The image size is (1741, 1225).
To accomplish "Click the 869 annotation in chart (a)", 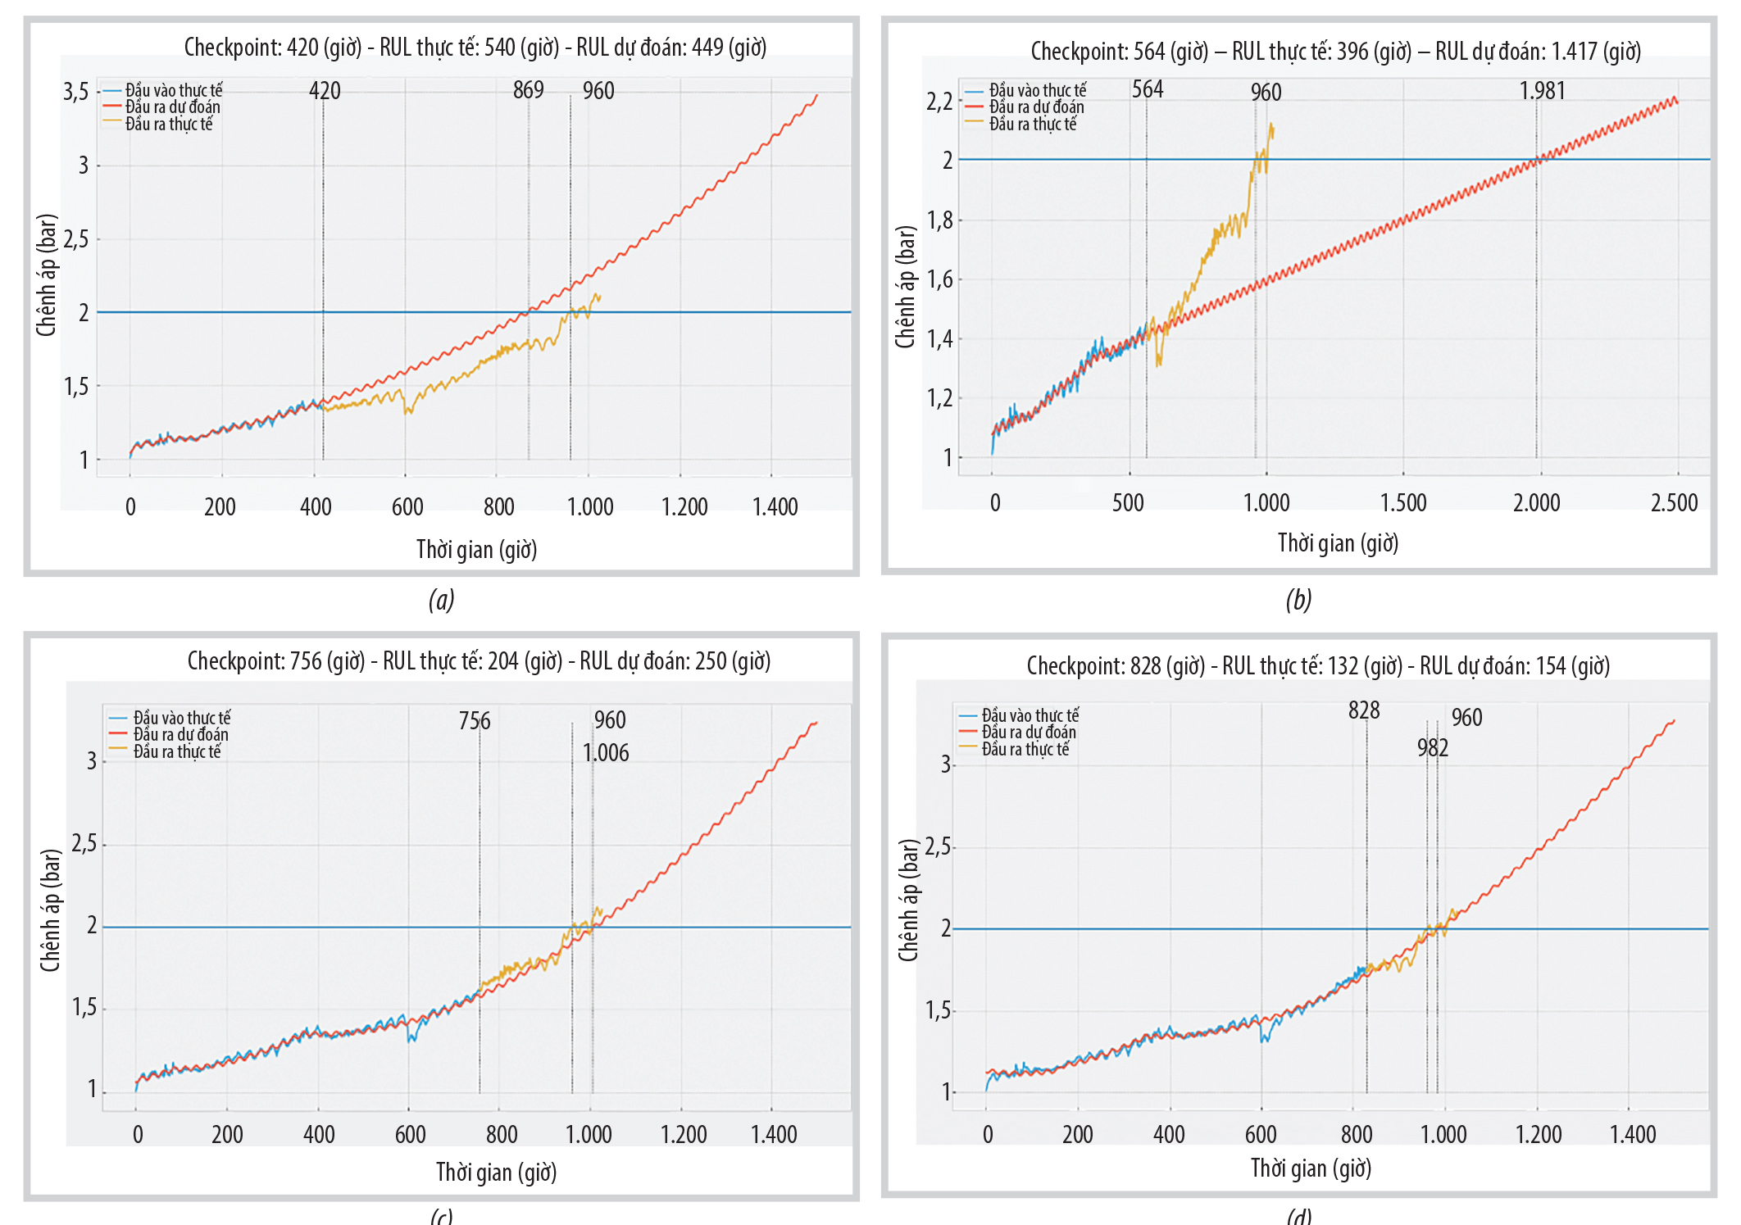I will click(x=528, y=90).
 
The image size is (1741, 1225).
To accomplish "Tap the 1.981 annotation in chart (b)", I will click(x=1542, y=91).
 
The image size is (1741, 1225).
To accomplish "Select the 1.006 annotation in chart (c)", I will click(x=606, y=753).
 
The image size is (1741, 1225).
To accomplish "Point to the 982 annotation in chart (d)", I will click(x=1432, y=748).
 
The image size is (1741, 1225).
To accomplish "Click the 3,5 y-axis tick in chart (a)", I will click(x=76, y=92).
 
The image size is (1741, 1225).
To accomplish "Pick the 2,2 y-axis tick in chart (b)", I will click(x=939, y=102).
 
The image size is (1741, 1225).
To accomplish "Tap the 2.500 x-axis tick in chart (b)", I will click(x=1674, y=503).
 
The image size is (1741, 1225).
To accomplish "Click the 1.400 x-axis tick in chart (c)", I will click(x=774, y=1135).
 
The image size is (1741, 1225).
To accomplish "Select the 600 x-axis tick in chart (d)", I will click(x=1261, y=1135).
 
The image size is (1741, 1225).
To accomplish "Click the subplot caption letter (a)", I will click(x=441, y=601).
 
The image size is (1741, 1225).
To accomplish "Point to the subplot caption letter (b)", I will click(x=1298, y=601).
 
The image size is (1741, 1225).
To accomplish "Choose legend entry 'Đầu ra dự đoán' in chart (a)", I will click(x=172, y=107).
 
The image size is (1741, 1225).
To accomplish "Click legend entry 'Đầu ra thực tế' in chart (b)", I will click(x=1032, y=125).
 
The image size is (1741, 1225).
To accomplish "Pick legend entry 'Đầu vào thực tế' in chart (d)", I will click(x=1030, y=715).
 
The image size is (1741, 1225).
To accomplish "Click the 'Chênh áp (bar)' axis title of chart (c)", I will click(x=51, y=910).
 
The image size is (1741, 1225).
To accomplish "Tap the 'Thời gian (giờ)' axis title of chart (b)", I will click(x=1338, y=543).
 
